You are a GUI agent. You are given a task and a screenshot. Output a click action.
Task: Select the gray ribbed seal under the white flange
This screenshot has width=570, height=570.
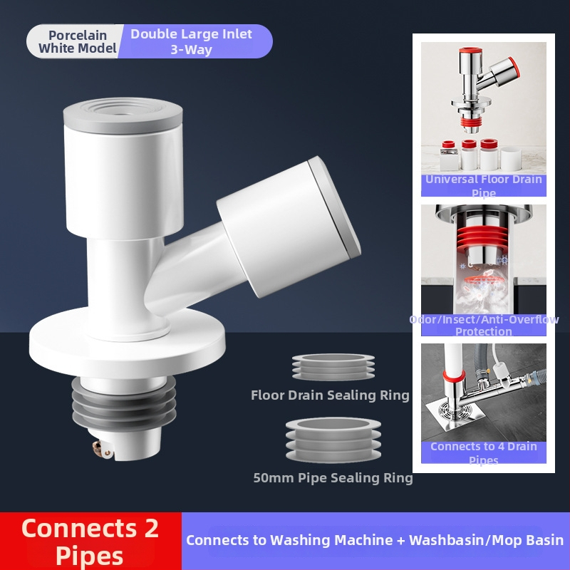pos(123,403)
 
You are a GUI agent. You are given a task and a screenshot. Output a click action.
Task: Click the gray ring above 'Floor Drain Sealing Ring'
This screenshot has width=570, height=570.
pos(333,366)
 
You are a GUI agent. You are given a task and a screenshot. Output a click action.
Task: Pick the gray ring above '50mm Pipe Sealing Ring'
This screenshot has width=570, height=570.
pos(333,440)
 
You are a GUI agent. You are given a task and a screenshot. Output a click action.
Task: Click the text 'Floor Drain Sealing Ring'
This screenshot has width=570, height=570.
pos(330,395)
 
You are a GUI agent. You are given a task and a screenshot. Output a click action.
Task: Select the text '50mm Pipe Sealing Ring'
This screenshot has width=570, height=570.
pos(333,477)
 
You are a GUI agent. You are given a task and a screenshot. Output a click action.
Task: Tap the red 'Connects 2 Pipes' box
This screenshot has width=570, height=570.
pos(90,541)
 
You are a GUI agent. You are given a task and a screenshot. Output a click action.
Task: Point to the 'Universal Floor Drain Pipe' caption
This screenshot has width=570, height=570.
pos(484,186)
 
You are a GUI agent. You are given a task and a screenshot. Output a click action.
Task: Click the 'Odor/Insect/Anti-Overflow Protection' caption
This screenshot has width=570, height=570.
pos(484,325)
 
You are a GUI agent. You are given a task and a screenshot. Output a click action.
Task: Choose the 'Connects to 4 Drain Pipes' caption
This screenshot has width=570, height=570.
pos(484,453)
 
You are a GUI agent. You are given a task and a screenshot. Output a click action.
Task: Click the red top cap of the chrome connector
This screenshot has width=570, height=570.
pos(470,51)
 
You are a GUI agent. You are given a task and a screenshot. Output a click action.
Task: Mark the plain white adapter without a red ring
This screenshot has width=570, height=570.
pos(511,158)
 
